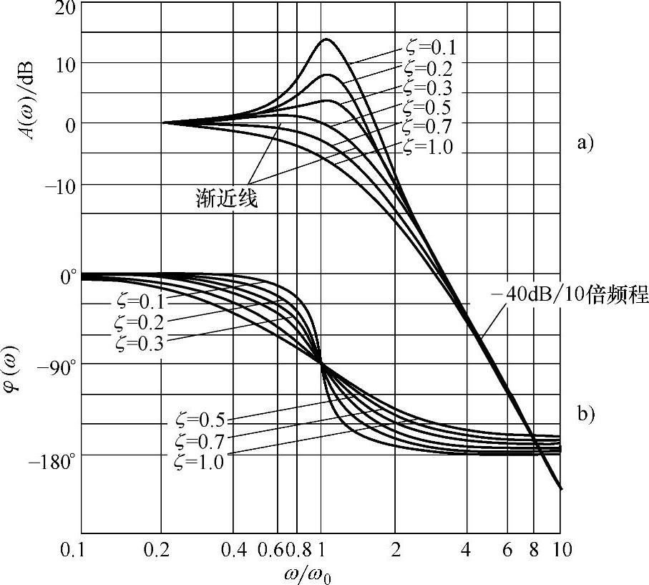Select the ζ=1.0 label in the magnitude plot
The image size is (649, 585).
pos(428,148)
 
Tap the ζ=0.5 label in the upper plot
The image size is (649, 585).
pos(427,108)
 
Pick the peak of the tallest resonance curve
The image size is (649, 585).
pos(326,39)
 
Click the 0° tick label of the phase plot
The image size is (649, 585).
pos(67,276)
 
